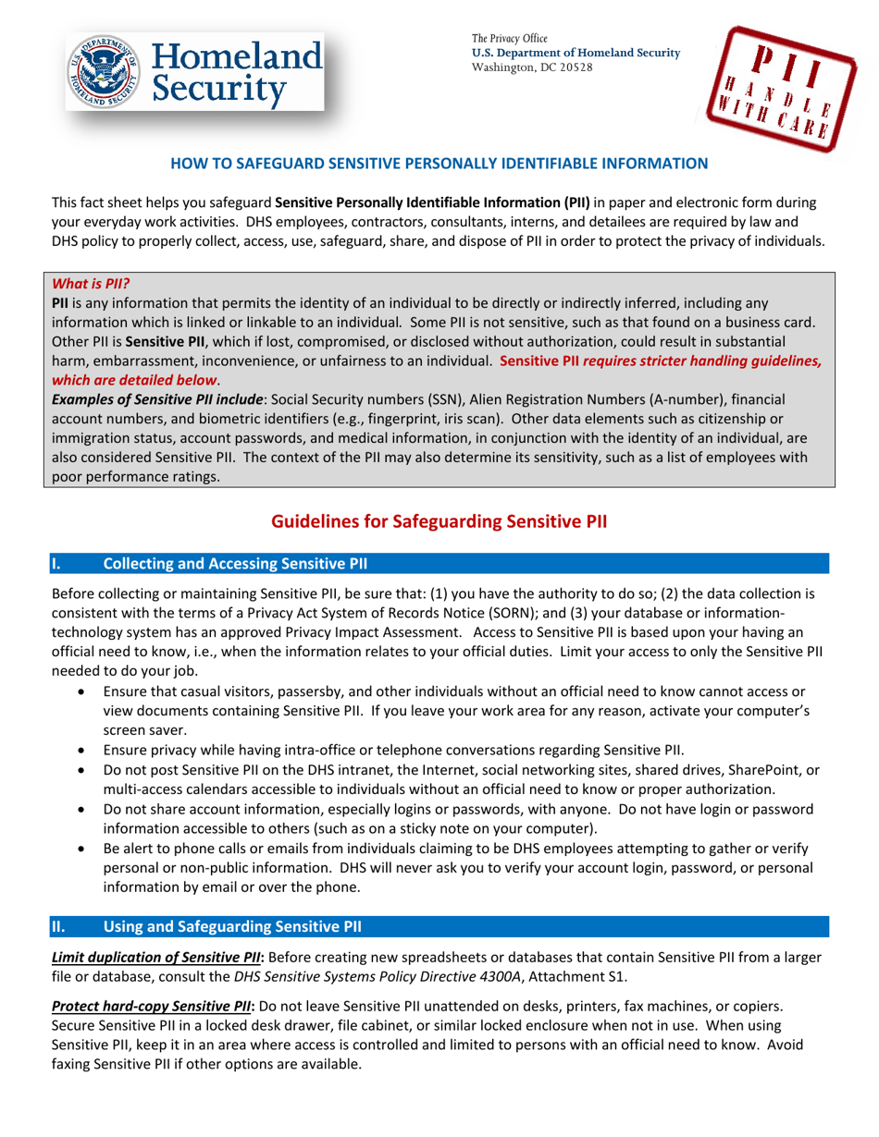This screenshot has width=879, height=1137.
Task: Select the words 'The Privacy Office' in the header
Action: click(510, 38)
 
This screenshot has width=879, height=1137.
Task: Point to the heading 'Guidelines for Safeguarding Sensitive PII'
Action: click(439, 521)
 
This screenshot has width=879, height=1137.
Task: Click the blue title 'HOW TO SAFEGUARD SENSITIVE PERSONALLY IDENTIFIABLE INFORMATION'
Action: click(439, 164)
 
